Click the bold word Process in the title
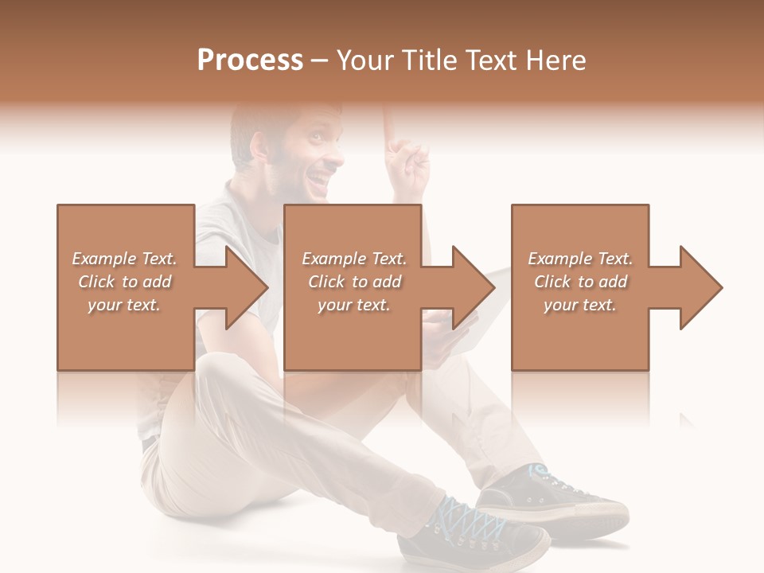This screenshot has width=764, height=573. tap(250, 60)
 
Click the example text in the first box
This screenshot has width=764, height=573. tap(125, 282)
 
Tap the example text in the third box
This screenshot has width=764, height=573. tap(580, 282)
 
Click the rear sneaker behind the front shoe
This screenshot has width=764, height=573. tap(557, 497)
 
